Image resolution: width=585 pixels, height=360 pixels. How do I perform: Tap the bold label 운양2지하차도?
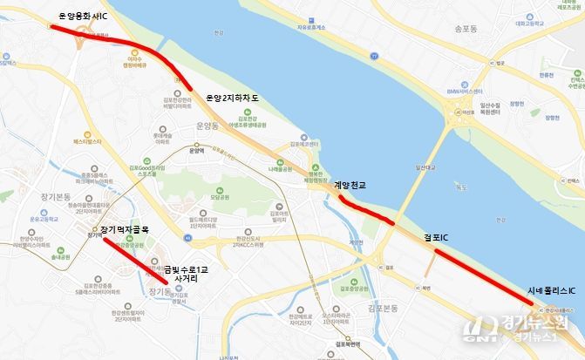233,98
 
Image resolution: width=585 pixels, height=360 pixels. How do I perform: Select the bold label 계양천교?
350,185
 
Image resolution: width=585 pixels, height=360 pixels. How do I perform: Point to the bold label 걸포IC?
436,237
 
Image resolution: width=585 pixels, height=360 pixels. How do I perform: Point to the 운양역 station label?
196,150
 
